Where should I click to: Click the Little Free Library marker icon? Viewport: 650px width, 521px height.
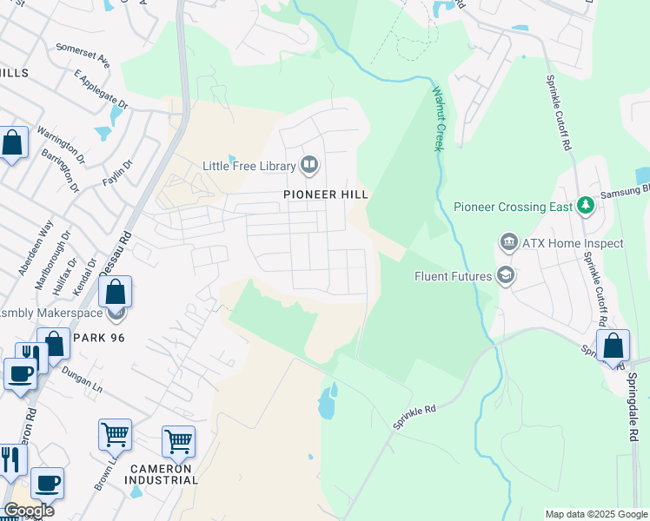click(309, 164)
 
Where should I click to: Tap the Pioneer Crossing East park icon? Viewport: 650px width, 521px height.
click(586, 206)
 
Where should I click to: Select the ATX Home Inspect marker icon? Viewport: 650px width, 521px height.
click(507, 242)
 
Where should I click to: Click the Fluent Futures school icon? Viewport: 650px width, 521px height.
click(505, 277)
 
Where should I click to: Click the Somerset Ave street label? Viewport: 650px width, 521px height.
click(83, 56)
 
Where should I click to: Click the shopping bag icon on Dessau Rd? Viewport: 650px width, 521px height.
click(116, 292)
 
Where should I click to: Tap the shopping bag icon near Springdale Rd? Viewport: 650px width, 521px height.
click(613, 346)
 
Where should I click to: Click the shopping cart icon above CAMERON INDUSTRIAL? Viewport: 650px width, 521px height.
click(178, 440)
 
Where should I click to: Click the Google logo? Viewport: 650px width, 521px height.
click(29, 511)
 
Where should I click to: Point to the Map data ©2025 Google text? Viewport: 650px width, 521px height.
click(595, 514)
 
